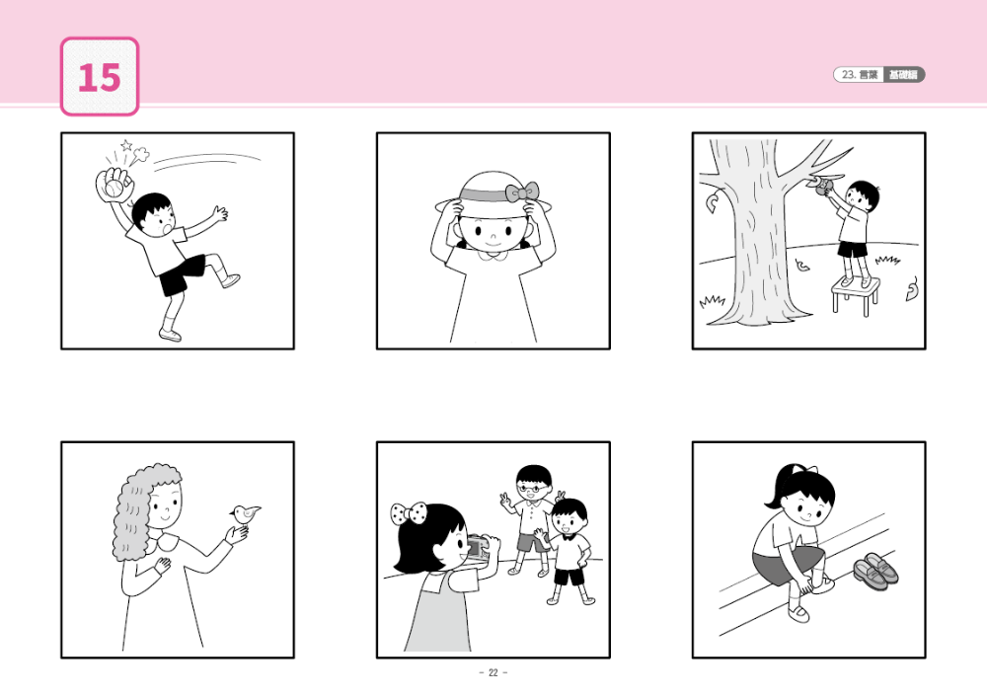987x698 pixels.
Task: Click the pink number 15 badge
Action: tap(100, 77)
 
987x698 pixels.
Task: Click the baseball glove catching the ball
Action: tap(111, 184)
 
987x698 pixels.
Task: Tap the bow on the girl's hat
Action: tap(521, 192)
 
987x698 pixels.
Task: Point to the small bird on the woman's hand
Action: tap(247, 512)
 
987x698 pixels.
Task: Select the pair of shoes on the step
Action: tap(875, 570)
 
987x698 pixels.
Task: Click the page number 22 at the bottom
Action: tap(493, 673)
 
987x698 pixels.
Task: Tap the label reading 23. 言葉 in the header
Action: tap(857, 75)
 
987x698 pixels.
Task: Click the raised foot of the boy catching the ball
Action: tap(231, 280)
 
